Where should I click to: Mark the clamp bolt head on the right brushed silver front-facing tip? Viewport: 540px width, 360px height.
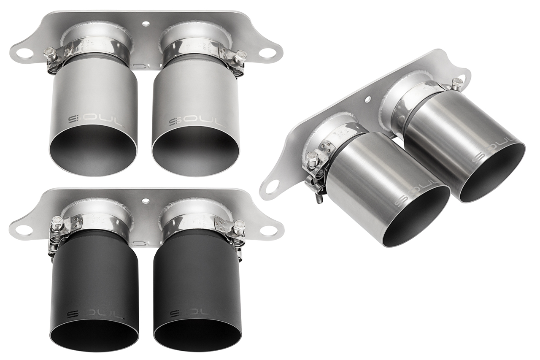tap(241, 55)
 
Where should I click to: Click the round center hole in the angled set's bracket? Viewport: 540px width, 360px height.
tap(367, 99)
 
